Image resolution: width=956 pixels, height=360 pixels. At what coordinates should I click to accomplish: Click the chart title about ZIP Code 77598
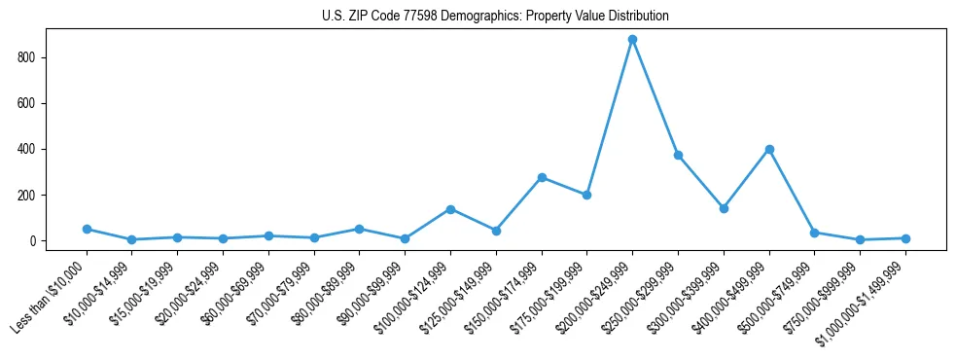[x=495, y=17]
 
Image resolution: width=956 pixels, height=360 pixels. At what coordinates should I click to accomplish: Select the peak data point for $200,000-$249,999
[x=632, y=40]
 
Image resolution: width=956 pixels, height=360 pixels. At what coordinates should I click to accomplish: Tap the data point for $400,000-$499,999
[x=769, y=149]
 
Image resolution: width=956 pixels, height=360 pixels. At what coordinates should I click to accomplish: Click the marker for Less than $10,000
[x=87, y=230]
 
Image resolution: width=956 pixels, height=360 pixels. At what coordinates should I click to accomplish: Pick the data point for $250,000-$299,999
[x=678, y=155]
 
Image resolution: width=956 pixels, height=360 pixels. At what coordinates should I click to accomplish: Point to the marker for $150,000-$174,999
[x=542, y=177]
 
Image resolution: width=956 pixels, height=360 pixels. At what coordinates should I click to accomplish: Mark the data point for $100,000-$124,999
[x=450, y=209]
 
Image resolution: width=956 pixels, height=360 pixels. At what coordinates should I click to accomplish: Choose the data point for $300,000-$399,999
[x=724, y=208]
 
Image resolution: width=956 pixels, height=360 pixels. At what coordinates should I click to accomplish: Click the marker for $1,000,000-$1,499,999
[x=905, y=238]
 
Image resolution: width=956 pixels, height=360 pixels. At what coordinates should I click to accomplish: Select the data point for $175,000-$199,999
[x=587, y=195]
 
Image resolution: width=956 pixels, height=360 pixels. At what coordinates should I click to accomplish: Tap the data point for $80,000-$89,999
[x=359, y=229]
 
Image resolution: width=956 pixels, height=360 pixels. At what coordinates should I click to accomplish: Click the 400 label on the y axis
[x=26, y=149]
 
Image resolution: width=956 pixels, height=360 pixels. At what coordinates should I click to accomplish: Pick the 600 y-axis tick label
[x=26, y=103]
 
